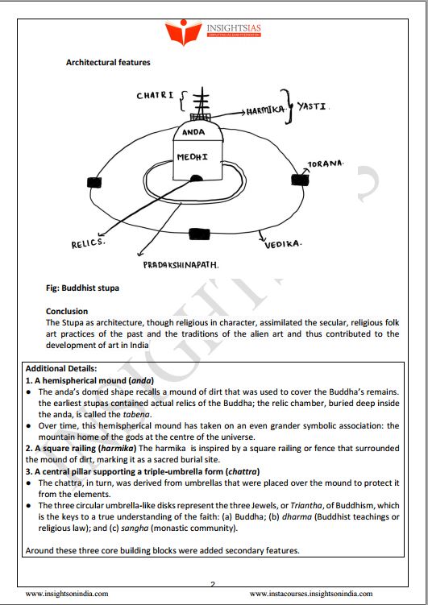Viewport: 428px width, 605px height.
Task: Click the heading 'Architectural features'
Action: (x=108, y=62)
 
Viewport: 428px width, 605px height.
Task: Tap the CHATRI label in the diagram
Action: (x=155, y=96)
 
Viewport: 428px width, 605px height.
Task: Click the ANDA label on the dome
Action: (x=193, y=131)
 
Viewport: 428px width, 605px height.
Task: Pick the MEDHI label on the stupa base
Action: (x=193, y=155)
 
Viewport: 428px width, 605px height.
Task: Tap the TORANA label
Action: (x=326, y=164)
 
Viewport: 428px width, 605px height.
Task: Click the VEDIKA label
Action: (x=283, y=243)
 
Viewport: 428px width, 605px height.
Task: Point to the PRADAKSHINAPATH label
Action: (x=181, y=263)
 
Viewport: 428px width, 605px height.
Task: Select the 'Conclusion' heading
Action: (x=67, y=311)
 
